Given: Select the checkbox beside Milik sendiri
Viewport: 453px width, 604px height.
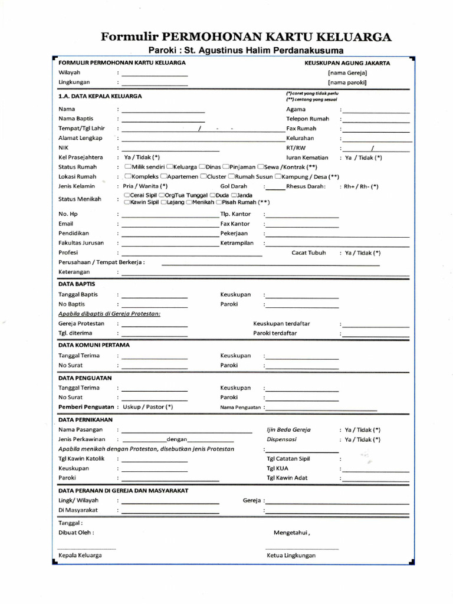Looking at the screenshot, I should click(x=127, y=167).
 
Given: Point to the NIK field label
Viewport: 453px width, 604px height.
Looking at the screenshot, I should click(x=64, y=148).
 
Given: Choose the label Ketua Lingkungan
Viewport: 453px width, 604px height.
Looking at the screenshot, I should click(x=291, y=556).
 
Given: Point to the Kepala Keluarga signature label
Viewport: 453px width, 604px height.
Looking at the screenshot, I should click(x=80, y=556).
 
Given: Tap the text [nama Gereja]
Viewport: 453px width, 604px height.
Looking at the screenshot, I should click(x=347, y=73).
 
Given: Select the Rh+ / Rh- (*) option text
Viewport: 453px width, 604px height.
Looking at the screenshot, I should click(x=360, y=186).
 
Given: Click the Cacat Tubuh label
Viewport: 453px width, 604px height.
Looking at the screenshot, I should click(x=309, y=253).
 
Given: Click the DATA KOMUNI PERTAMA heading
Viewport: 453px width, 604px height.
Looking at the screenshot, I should click(x=94, y=344).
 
